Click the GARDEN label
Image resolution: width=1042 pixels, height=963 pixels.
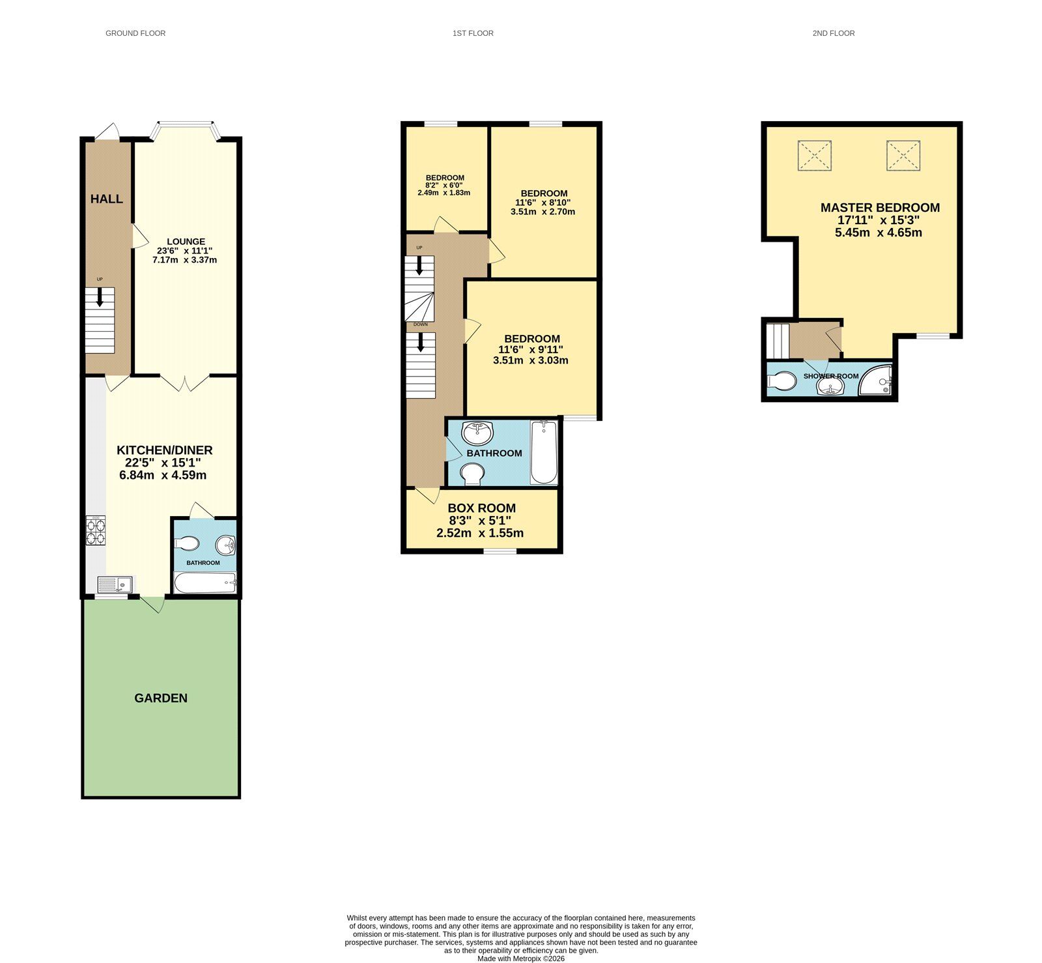pos(161,698)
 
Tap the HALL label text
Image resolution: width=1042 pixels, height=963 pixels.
pos(107,199)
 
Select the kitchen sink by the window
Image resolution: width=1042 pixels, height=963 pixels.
pos(115,584)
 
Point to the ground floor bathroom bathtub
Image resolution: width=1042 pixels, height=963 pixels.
pos(205,582)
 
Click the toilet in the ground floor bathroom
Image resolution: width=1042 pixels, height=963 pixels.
pos(187,543)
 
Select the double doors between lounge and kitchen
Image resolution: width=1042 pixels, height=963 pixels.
pos(185,383)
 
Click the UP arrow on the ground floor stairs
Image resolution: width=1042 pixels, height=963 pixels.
pos(100,297)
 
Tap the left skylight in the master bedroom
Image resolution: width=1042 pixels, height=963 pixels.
pos(814,156)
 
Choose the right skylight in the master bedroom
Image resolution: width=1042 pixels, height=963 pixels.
pos(903,156)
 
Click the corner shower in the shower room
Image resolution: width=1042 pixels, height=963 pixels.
pos(876,382)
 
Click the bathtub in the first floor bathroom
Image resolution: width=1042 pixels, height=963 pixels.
pos(544,452)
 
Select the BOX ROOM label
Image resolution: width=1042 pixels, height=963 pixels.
pos(481,508)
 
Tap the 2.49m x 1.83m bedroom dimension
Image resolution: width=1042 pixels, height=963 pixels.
pos(444,193)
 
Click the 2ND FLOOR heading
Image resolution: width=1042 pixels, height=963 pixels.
pos(833,33)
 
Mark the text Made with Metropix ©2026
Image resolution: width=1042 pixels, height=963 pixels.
pos(521,958)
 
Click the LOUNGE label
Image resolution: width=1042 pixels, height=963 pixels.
pos(186,242)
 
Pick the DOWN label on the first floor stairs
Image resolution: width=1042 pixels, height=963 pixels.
pos(421,324)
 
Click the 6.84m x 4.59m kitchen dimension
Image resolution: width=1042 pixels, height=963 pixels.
pos(163,475)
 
